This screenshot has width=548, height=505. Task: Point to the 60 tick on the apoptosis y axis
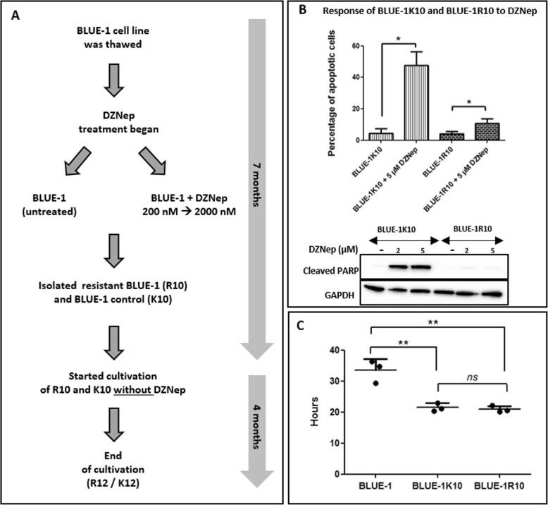[357, 45]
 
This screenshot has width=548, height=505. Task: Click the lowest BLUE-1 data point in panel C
[376, 383]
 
